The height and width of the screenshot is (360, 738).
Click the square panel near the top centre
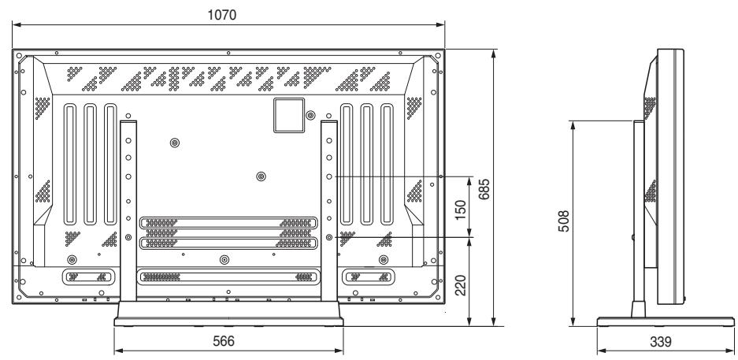click(287, 113)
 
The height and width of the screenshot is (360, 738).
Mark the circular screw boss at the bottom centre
click(225, 259)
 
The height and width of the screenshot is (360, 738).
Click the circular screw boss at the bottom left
click(72, 259)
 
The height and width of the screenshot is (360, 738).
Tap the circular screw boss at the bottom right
click(384, 259)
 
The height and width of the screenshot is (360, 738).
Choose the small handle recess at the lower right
click(366, 276)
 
